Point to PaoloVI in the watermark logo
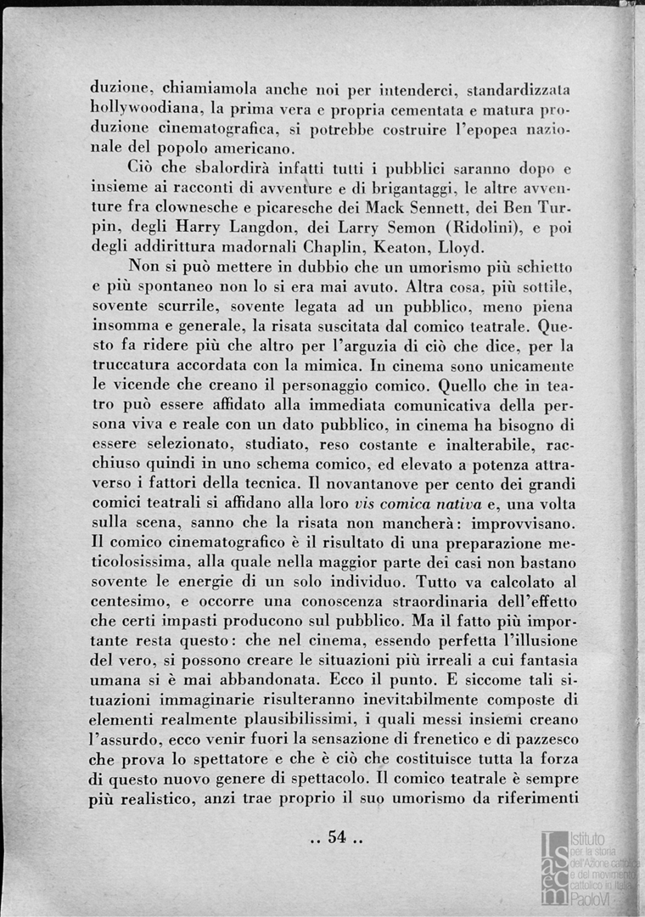click(595, 899)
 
